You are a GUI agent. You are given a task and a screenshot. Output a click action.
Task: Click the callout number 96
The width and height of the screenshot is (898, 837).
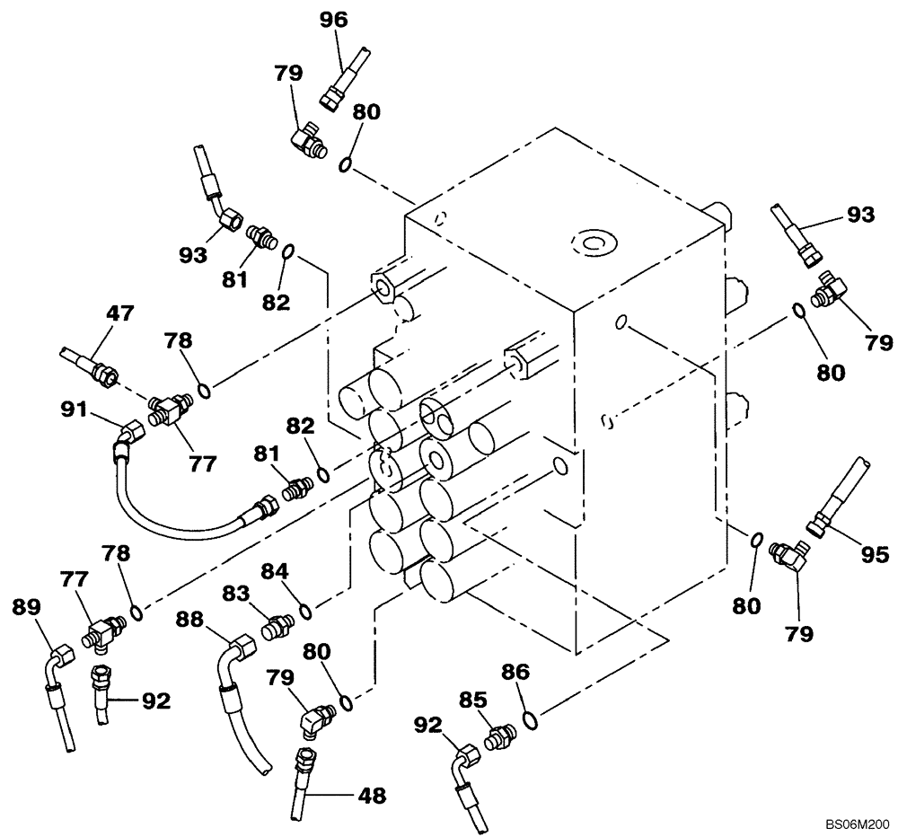click(334, 19)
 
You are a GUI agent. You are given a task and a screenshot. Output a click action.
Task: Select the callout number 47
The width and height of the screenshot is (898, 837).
click(119, 313)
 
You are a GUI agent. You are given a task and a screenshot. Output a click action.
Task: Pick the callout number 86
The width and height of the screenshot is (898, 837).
click(515, 671)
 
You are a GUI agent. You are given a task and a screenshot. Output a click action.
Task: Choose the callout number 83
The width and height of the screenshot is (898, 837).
click(238, 594)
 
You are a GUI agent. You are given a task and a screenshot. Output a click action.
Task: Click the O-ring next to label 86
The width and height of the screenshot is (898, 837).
click(532, 718)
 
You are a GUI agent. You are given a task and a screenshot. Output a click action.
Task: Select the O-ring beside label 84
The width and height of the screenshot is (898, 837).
click(305, 612)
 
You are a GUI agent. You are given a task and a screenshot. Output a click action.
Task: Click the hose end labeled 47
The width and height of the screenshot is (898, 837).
click(90, 364)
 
